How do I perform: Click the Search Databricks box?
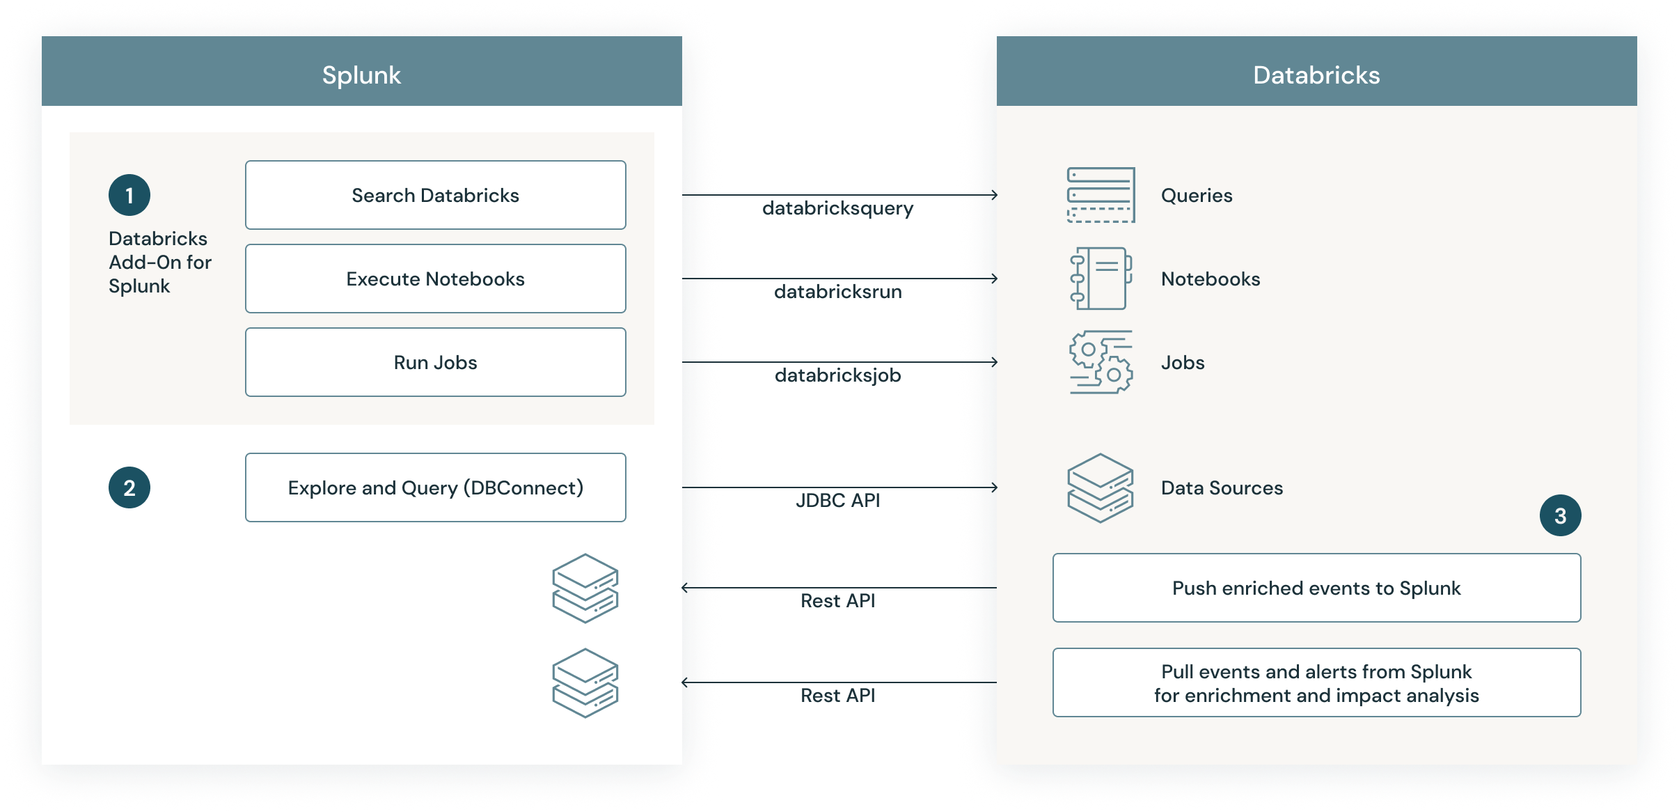point(435,195)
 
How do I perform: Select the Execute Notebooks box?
point(435,279)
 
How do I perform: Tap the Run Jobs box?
point(435,362)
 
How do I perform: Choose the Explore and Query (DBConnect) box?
point(435,487)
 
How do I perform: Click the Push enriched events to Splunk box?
point(1316,588)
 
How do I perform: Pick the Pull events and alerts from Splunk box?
point(1316,682)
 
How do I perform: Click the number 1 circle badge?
point(129,195)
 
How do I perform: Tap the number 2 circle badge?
point(129,487)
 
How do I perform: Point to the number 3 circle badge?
point(1560,515)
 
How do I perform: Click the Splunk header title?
point(361,75)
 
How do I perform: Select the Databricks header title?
point(1316,75)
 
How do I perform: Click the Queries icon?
point(1101,195)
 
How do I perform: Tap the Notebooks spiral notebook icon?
point(1101,279)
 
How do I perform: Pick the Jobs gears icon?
point(1101,362)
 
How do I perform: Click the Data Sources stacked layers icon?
point(1101,487)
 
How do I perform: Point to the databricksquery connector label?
point(837,208)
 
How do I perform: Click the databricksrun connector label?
point(837,292)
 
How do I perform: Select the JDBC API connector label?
point(837,501)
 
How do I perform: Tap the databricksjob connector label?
point(837,375)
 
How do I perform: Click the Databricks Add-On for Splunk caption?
point(159,263)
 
